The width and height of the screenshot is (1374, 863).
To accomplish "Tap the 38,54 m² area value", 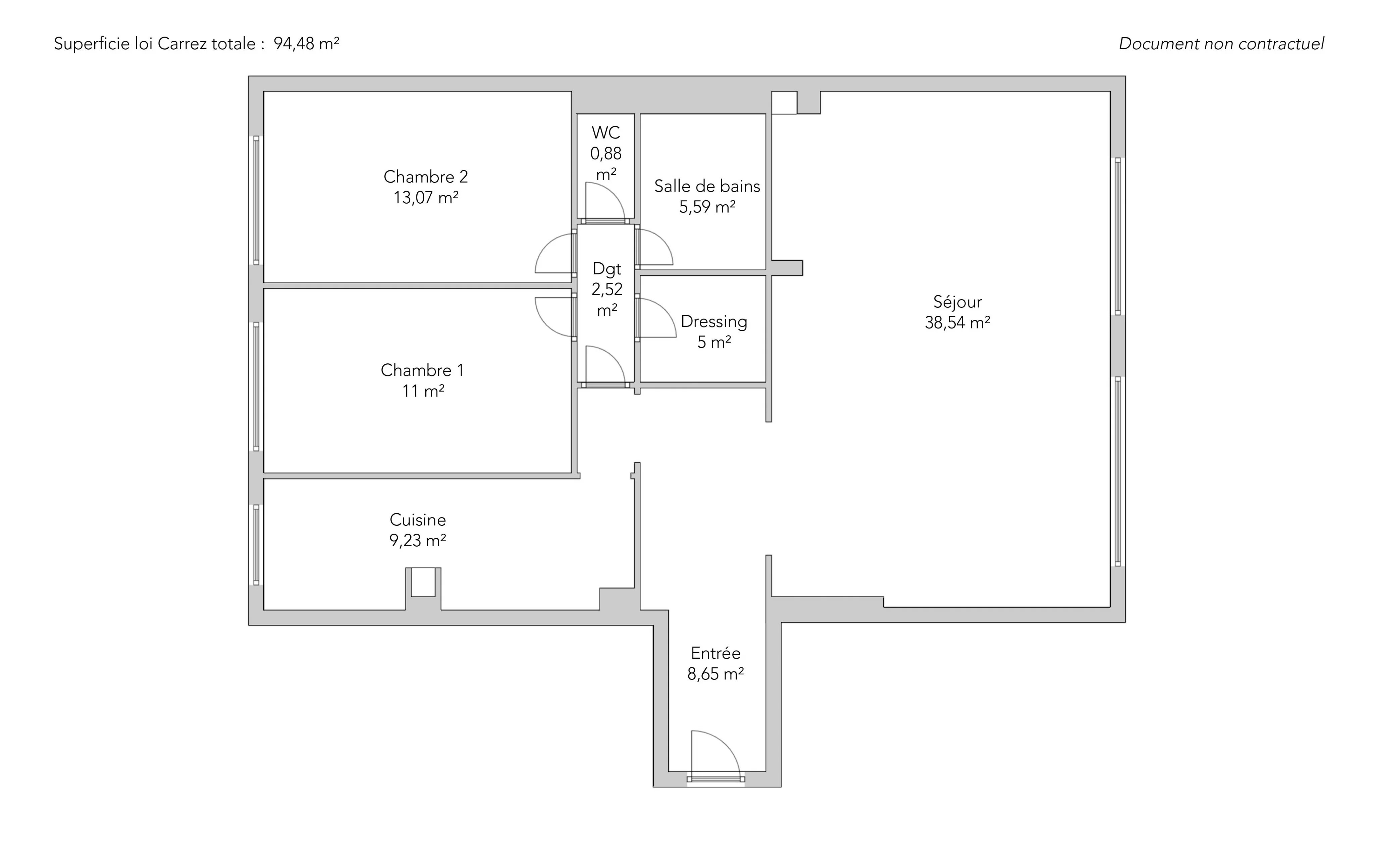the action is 957,322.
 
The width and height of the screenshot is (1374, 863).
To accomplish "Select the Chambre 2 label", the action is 426,176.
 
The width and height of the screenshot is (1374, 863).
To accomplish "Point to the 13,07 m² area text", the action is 426,198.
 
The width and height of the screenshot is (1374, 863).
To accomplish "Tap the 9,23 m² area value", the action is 418,540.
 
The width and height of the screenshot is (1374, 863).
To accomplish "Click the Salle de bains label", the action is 707,186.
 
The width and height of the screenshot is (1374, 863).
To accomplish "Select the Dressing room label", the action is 714,321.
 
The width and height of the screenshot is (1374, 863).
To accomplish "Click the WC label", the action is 605,133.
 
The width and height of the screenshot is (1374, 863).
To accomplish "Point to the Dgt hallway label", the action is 606,269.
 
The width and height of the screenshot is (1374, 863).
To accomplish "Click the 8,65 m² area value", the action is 716,674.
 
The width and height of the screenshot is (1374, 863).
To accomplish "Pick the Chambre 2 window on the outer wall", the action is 256,200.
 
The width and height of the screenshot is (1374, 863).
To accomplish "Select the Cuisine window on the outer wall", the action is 256,545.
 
